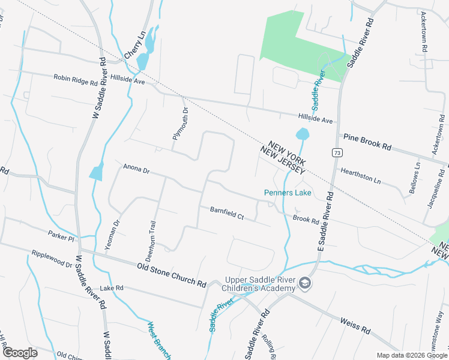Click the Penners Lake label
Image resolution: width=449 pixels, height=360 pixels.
tap(288, 193)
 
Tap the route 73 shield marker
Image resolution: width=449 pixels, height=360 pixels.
tap(338, 152)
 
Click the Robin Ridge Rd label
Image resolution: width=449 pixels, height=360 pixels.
tap(75, 78)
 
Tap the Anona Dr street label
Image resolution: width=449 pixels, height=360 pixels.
tap(136, 169)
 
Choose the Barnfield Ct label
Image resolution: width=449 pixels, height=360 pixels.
tap(227, 213)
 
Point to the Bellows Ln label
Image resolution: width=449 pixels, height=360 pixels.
tap(415, 177)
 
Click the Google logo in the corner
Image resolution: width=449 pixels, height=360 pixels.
tap(20, 353)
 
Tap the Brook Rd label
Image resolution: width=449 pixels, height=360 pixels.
tap(306, 220)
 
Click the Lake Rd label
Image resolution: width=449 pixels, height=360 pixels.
tap(111, 288)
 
